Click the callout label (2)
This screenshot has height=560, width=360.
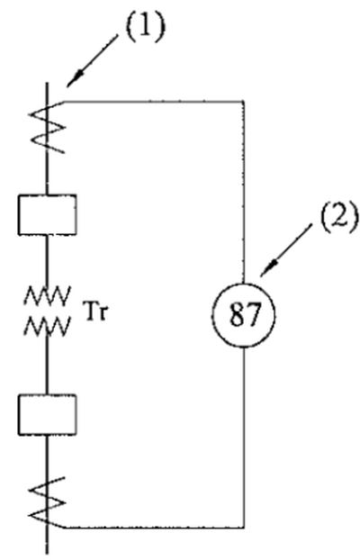[x=339, y=216]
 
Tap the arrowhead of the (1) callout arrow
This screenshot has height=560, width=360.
[x=74, y=79]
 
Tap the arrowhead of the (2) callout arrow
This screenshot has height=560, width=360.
[x=267, y=269]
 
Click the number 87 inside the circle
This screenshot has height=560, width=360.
[x=244, y=315]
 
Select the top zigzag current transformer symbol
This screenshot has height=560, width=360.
[x=47, y=127]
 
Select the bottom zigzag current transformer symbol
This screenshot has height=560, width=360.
[x=47, y=502]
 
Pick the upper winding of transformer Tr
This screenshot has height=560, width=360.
[x=47, y=295]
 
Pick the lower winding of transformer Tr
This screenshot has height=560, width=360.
[x=47, y=326]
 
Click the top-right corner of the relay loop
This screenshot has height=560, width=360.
[x=244, y=102]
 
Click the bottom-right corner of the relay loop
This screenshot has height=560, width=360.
[x=244, y=528]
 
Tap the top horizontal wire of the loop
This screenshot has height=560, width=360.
[x=154, y=102]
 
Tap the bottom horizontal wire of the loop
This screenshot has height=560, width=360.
[x=155, y=528]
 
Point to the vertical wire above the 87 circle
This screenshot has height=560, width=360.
[x=244, y=193]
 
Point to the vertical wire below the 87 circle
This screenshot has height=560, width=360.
[x=244, y=438]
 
